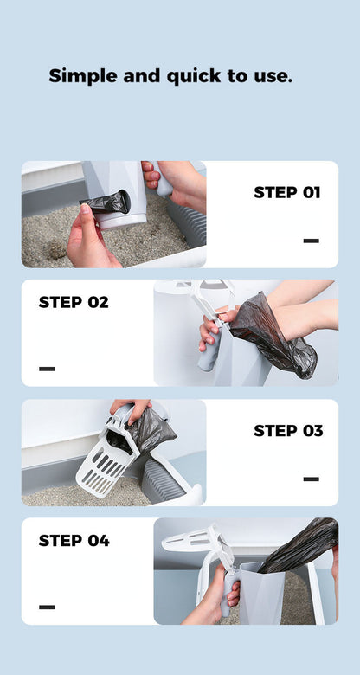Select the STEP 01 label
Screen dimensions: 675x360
(286, 192)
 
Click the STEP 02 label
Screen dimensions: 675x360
(74, 302)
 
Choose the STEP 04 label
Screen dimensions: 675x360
(74, 541)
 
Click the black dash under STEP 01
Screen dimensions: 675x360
(311, 241)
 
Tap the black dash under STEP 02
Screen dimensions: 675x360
(47, 369)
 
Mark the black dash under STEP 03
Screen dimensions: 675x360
(311, 479)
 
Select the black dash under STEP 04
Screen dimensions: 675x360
(47, 607)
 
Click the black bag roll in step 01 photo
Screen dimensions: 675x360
(106, 204)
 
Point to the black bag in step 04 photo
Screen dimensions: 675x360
(299, 547)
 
